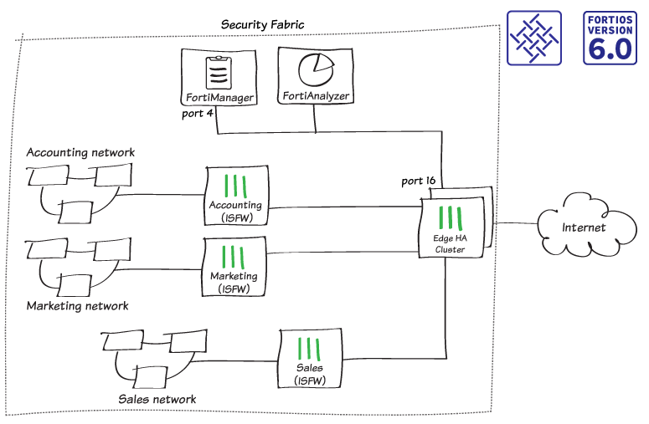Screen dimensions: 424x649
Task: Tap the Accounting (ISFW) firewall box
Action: pos(235,196)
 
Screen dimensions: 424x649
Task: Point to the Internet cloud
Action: pos(583,226)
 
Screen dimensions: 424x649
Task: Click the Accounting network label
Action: pos(80,152)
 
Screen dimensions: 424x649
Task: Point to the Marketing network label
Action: pos(78,306)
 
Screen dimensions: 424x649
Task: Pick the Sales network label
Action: pos(157,399)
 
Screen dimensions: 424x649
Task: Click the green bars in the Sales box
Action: pos(308,348)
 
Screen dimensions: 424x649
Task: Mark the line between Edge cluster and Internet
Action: pos(514,224)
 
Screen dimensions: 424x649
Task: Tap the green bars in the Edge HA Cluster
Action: pos(451,217)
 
